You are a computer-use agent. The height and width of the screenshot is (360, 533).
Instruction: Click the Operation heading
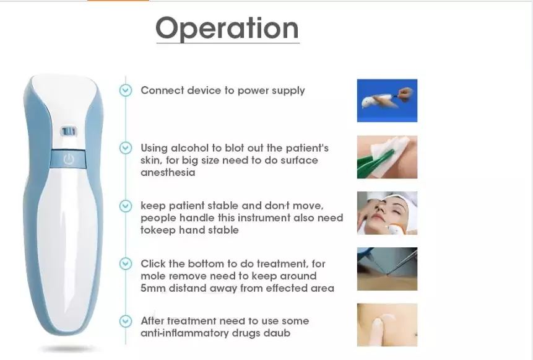(227, 29)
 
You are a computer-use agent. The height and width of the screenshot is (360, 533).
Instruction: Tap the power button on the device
(69, 159)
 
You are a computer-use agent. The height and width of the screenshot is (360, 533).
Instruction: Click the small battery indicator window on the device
(69, 131)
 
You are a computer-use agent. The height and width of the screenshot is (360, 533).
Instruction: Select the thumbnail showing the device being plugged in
(387, 100)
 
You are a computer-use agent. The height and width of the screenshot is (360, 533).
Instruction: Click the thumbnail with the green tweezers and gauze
(387, 157)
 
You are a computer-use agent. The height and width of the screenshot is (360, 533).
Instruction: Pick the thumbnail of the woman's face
(387, 213)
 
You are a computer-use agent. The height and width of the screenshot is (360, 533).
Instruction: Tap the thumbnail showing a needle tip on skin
(387, 269)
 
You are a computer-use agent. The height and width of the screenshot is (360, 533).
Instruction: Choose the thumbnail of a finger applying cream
(387, 325)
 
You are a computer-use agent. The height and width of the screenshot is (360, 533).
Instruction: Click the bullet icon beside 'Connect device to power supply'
(126, 90)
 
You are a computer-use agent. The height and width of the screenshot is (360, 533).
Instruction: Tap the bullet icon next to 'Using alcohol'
(126, 147)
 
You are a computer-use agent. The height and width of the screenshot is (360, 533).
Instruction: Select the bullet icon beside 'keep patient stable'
(126, 206)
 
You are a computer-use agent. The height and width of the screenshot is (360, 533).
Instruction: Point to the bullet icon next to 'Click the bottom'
(126, 264)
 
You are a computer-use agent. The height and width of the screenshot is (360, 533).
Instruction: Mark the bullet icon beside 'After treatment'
(126, 321)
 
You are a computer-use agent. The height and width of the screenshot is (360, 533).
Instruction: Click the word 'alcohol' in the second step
(189, 148)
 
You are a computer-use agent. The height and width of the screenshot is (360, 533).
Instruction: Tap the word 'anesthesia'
(168, 172)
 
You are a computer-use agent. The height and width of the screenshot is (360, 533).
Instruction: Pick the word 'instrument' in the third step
(256, 217)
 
